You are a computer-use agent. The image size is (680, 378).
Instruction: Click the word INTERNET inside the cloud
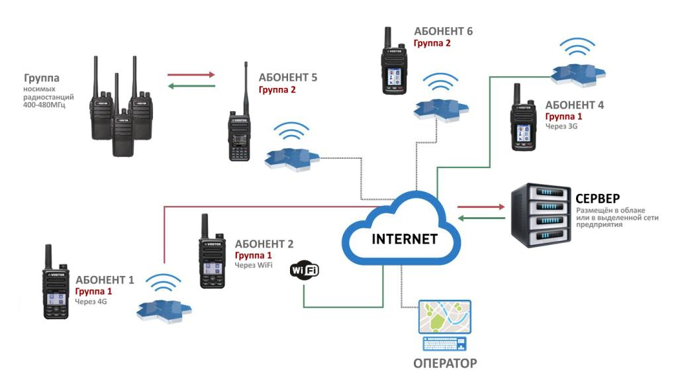(405, 239)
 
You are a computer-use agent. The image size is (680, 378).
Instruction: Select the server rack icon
(540, 216)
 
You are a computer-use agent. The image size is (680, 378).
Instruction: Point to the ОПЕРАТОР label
(445, 363)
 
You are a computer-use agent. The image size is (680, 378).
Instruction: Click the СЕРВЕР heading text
(597, 199)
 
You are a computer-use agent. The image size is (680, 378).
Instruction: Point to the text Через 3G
(561, 125)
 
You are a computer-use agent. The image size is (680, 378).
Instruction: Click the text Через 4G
(91, 301)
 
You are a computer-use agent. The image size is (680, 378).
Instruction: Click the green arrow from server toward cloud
(481, 218)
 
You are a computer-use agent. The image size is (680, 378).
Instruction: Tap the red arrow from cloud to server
(481, 206)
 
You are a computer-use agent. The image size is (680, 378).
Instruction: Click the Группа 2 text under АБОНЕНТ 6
(432, 43)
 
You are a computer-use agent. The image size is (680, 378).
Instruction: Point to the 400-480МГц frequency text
(48, 104)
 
